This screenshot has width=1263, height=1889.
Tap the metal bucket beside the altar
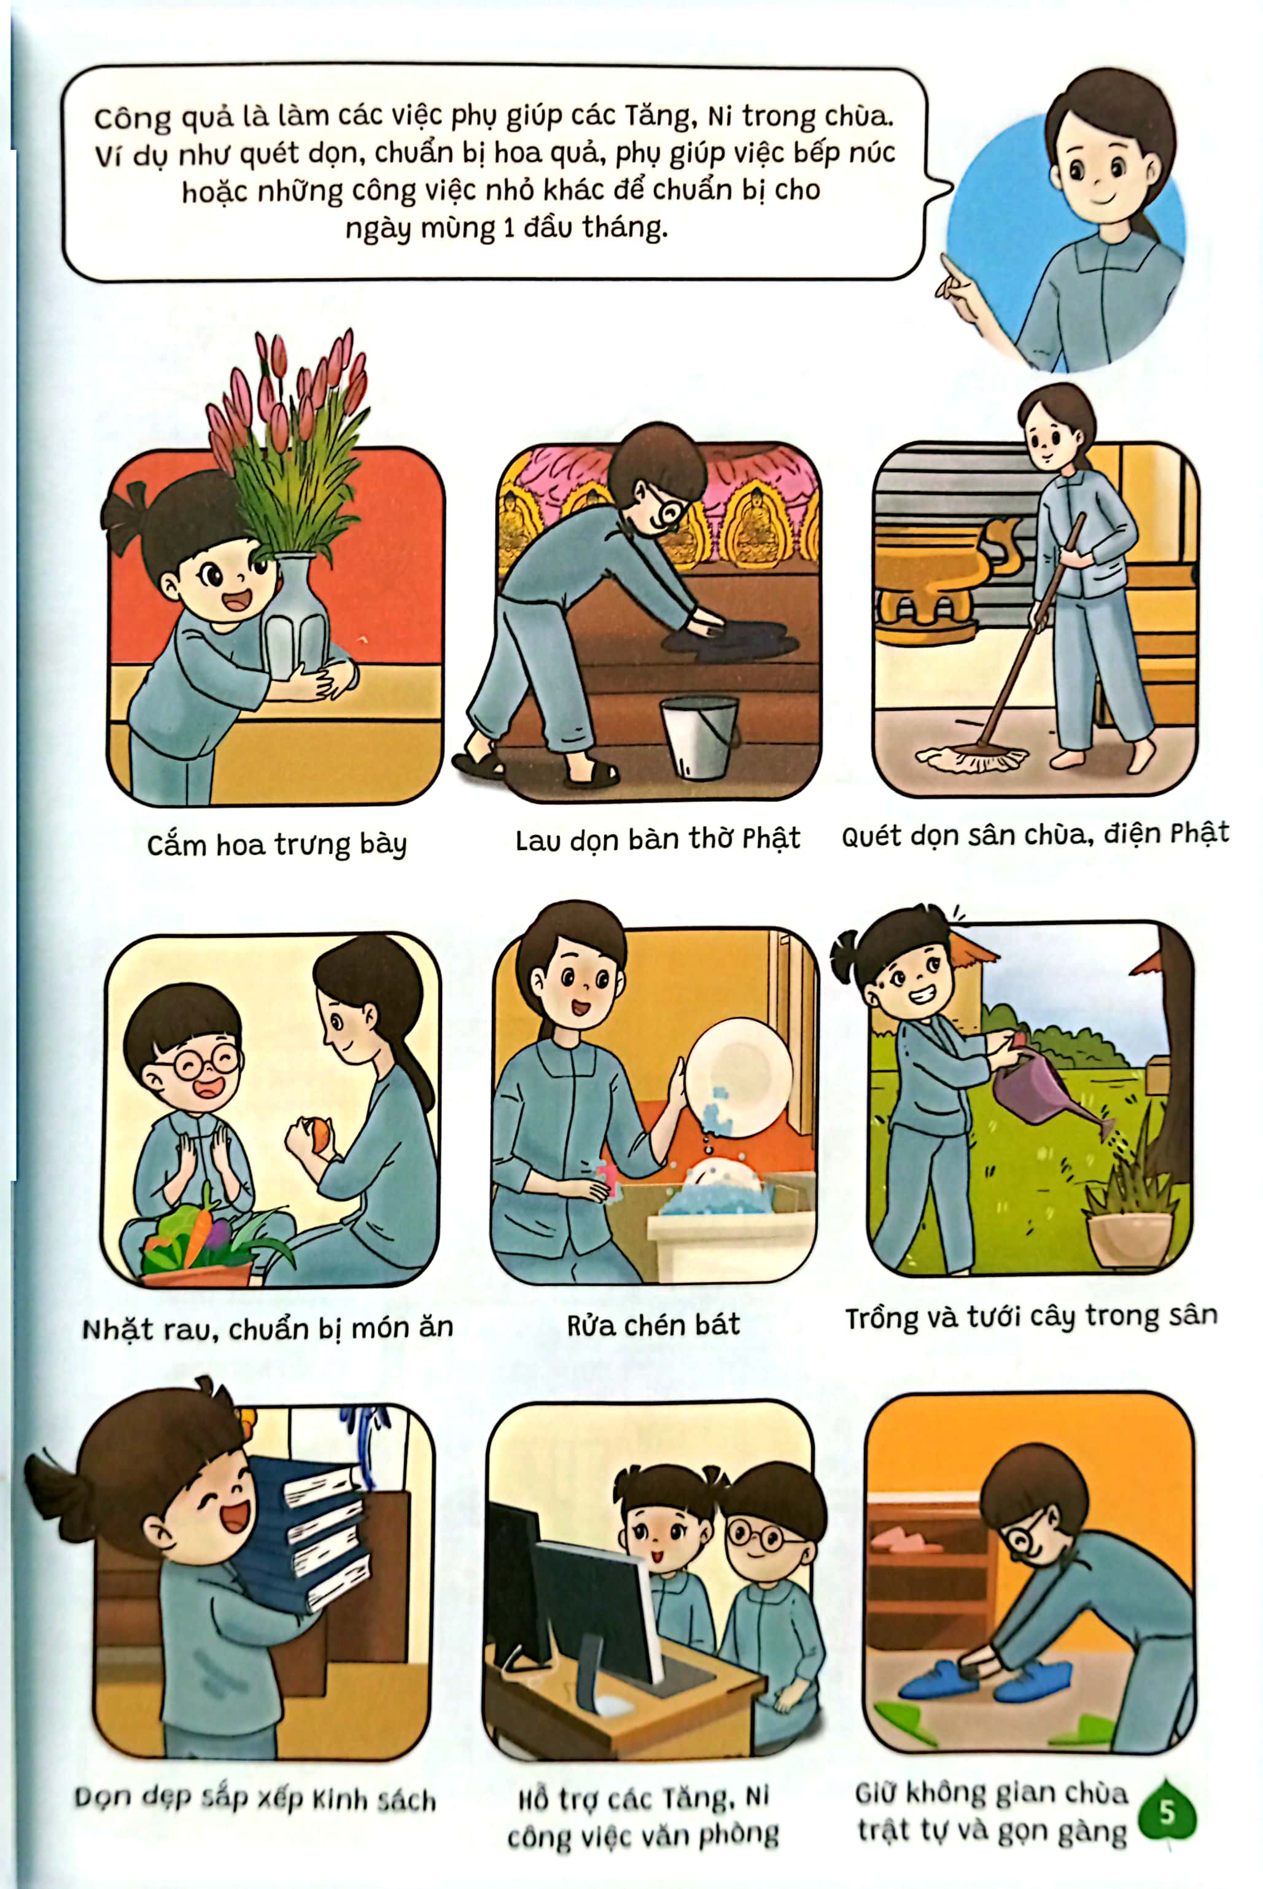(x=698, y=736)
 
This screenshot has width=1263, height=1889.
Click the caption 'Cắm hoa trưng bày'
(x=276, y=845)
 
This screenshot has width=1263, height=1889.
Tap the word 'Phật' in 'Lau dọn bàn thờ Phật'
(x=771, y=839)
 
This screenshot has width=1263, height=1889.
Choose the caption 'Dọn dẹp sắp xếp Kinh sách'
(x=255, y=1799)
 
